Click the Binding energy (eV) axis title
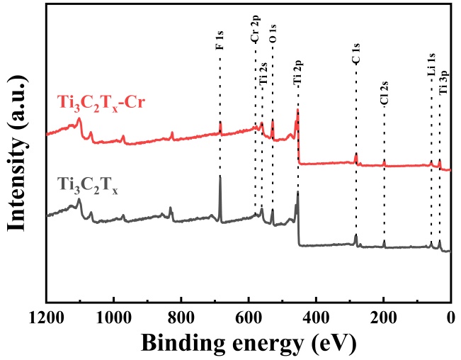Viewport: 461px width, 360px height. point(249,343)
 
